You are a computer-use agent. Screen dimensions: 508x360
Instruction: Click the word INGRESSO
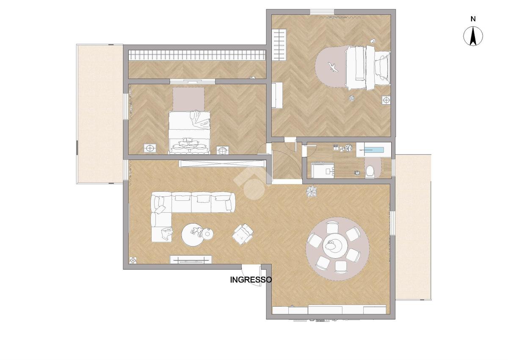[x=251, y=280]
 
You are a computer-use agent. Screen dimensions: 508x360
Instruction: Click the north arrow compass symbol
[x=473, y=36]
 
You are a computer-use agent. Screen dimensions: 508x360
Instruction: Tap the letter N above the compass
[x=473, y=19]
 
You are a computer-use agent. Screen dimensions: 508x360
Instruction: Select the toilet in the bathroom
[x=370, y=171]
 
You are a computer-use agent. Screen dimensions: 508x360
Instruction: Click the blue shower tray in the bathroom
[x=374, y=150]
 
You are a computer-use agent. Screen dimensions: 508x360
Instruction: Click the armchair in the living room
[x=243, y=234]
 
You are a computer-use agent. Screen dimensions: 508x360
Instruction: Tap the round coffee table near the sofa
[x=193, y=235]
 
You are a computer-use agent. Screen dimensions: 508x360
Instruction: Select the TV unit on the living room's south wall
[x=191, y=259]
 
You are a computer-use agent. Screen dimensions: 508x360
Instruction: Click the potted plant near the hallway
[x=312, y=191]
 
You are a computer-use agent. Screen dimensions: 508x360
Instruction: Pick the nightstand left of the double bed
[x=150, y=148]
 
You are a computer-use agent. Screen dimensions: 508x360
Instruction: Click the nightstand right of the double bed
[x=223, y=150]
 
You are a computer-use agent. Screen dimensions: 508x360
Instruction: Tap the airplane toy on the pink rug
[x=333, y=67]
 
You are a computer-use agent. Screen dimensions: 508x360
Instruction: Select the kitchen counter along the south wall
[x=329, y=310]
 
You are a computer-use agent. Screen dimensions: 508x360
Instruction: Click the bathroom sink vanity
[x=323, y=170]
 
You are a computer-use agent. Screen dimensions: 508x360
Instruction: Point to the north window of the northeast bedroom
[x=322, y=12]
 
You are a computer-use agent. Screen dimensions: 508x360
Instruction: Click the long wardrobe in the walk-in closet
[x=197, y=55]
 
